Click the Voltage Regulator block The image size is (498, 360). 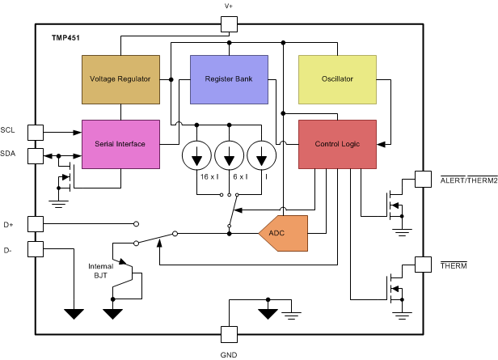pos(120,79)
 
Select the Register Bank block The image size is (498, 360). pos(229,79)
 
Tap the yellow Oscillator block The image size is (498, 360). pos(337,79)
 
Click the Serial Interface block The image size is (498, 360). pos(120,144)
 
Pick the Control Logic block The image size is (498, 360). pos(337,144)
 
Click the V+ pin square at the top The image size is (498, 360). pos(229,25)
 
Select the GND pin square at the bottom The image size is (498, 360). pos(229,333)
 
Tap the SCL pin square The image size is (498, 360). pos(36,132)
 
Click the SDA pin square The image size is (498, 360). pos(36,155)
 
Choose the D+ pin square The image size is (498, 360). pos(36,222)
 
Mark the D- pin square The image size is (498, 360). pos(36,248)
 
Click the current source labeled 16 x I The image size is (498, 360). pos(197,155)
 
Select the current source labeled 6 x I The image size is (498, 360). pos(230,155)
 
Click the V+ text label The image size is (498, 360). pos(229,6)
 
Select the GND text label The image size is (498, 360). pos(229,354)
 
